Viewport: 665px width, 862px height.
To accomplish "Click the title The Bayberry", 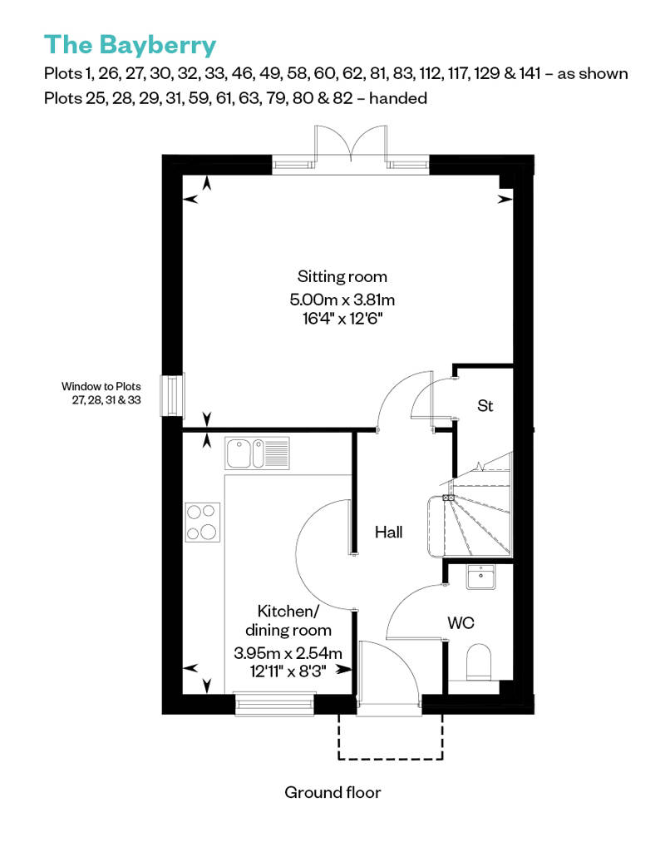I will coord(130,43).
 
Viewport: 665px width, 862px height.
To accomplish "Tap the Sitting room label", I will coord(342,276).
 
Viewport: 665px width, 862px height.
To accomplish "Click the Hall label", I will coord(388,531).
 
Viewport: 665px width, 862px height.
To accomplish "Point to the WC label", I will coord(461,622).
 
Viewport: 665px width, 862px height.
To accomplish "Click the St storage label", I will coord(485,406).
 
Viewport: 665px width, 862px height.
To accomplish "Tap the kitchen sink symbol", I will coord(257,453).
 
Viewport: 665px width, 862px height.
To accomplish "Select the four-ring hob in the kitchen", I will coord(203,523).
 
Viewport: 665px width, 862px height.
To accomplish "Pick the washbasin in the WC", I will coord(480,577).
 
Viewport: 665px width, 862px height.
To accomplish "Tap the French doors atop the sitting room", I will coord(350,148).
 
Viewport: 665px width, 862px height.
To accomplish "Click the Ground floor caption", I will coord(332,791).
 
